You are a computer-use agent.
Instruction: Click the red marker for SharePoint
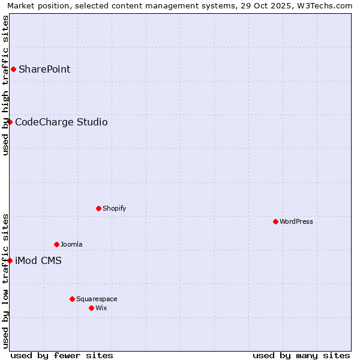tap(13, 69)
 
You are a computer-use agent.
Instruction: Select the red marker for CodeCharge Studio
tap(10, 122)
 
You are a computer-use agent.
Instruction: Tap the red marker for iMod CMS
tap(10, 260)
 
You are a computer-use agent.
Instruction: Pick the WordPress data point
tap(275, 221)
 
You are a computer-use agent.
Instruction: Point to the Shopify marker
tap(98, 208)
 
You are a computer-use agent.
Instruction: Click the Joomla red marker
tap(56, 244)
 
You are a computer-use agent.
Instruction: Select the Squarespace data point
tap(72, 299)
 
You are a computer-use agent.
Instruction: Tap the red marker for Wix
tap(91, 308)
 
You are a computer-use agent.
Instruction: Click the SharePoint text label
tap(44, 69)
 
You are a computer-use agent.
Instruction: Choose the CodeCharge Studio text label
tap(61, 122)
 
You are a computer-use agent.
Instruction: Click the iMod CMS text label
tap(38, 260)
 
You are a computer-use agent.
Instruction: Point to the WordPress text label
tap(296, 221)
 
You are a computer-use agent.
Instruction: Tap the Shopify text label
tap(115, 208)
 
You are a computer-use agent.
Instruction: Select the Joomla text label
tap(71, 244)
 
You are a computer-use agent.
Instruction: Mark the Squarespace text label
tap(97, 299)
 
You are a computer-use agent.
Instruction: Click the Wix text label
tap(101, 308)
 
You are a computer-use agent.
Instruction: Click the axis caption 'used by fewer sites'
tap(62, 355)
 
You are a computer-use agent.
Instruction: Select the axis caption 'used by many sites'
tap(301, 355)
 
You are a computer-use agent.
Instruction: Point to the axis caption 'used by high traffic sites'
tap(5, 85)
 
